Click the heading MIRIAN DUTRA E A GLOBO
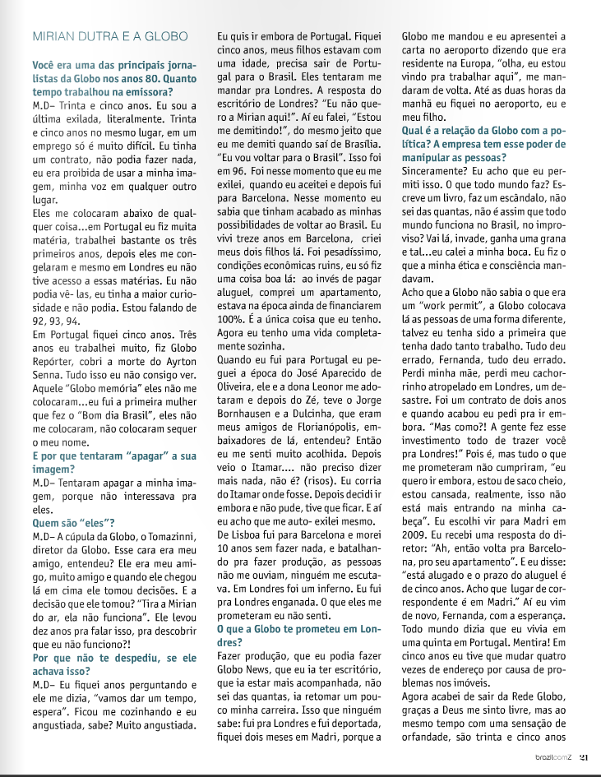pyautogui.click(x=109, y=37)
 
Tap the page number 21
pyautogui.click(x=583, y=758)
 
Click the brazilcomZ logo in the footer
pyautogui.click(x=555, y=758)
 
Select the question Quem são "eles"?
pyautogui.click(x=73, y=520)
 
